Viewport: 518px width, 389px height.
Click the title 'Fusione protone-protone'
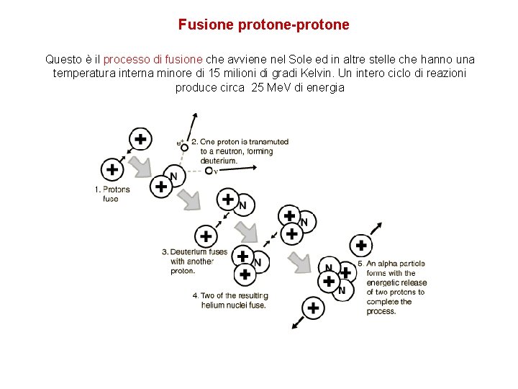[x=263, y=24]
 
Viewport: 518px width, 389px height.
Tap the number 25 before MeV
[x=260, y=87]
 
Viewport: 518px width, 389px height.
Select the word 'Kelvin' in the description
[x=344, y=73]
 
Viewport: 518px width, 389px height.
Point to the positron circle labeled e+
[x=184, y=147]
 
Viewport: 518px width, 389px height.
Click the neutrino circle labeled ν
[x=207, y=171]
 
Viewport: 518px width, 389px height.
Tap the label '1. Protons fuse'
[x=112, y=194]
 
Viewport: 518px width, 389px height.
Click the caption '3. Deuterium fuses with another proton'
[x=194, y=261]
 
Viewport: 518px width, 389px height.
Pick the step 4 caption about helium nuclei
[x=230, y=300]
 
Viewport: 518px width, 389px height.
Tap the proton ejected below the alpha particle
[x=313, y=308]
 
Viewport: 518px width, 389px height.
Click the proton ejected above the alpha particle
[x=360, y=246]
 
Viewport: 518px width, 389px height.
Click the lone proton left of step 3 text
[x=206, y=236]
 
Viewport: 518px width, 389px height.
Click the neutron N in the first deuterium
[x=173, y=176]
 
